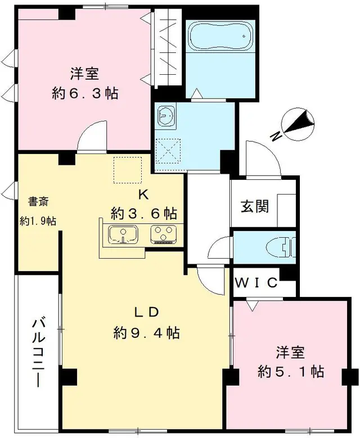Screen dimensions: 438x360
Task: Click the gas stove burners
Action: pos(164,234)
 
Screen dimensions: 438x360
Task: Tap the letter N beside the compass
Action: pos(275,137)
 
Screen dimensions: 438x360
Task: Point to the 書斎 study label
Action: pos(38,201)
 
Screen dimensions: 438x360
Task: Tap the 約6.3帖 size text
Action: pos(85,93)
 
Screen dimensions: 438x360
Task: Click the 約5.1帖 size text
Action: pos(290,371)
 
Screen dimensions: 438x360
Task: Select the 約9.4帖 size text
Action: pos(147,333)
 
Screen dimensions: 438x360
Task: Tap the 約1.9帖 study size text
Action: pos(38,220)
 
